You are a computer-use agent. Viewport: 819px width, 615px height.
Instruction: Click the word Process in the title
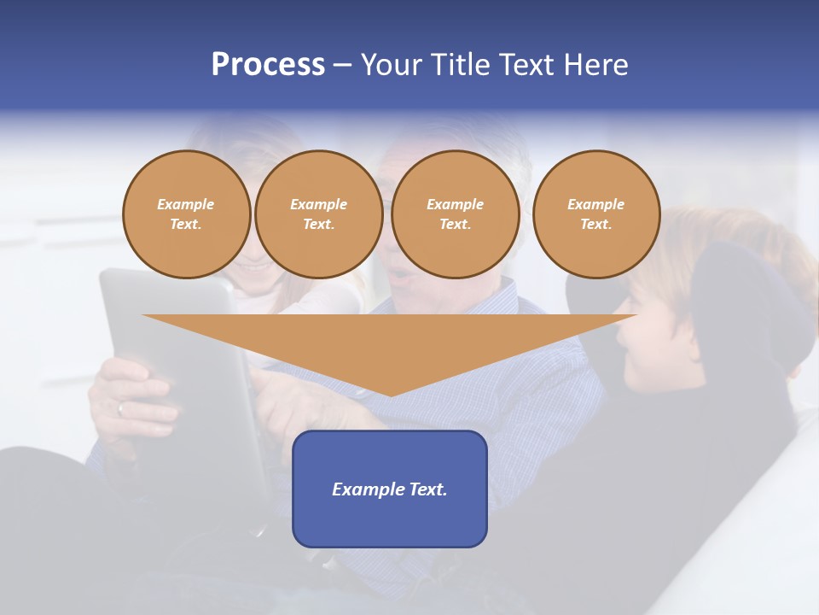click(x=268, y=64)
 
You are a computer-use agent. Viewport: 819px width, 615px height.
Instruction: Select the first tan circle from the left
click(x=186, y=214)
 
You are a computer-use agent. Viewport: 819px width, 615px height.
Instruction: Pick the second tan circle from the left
click(x=318, y=214)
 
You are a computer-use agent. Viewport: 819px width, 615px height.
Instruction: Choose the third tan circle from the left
click(x=455, y=214)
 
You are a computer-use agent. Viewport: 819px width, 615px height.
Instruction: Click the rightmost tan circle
click(x=595, y=214)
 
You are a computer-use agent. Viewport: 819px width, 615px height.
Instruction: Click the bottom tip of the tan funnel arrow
click(x=391, y=394)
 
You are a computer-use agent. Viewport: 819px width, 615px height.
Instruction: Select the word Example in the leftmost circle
click(x=186, y=204)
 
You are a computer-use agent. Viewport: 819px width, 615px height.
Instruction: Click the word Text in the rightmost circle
click(x=595, y=224)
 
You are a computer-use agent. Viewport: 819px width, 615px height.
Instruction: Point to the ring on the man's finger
click(x=120, y=408)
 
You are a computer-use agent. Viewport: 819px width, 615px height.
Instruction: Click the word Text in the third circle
click(x=455, y=224)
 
